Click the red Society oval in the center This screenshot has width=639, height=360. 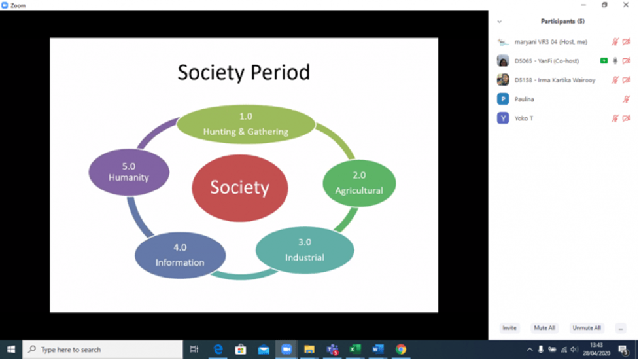click(240, 188)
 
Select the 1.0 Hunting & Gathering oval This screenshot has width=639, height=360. click(246, 124)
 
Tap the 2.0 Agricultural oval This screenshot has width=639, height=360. click(359, 183)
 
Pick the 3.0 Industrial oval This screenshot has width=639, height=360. click(305, 250)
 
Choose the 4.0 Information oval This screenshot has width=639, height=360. click(180, 255)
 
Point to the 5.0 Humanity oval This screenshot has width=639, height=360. click(129, 172)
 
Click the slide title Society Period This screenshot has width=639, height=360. click(244, 73)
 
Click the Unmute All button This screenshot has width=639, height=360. click(587, 328)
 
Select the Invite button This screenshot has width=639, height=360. click(509, 328)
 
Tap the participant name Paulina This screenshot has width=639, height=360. click(524, 99)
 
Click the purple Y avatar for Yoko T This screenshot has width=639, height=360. click(503, 118)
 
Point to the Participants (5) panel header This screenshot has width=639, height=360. click(562, 21)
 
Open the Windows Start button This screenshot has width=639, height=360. click(11, 350)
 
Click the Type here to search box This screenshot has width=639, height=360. click(103, 350)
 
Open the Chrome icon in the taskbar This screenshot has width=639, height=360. click(400, 350)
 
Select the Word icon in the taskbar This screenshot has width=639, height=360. click(378, 350)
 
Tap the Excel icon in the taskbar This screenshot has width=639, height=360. click(355, 350)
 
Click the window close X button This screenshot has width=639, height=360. click(626, 5)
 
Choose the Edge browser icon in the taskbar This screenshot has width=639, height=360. click(218, 350)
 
